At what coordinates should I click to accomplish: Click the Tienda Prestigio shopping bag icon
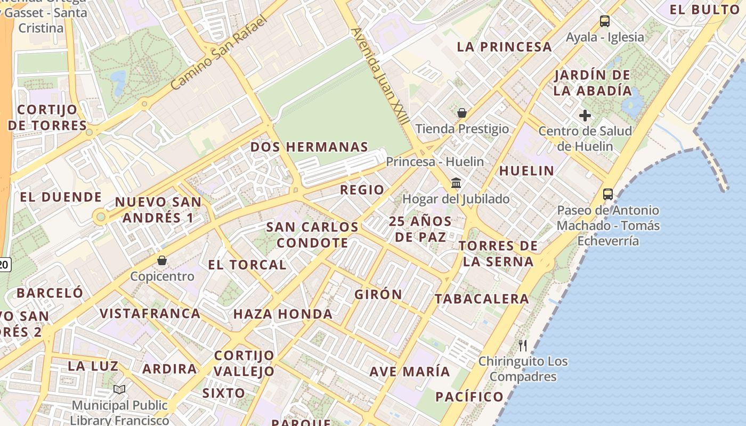point(462,113)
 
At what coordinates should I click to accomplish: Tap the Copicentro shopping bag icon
point(162,260)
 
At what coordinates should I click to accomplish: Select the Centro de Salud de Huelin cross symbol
point(585,115)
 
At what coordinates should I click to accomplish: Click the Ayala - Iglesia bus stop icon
point(604,21)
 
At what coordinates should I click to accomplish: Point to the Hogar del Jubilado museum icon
point(456,183)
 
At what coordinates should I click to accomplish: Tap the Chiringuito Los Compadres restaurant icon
point(523,346)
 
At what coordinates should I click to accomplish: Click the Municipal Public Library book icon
point(119,390)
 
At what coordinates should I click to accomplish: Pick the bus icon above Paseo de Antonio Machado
point(608,194)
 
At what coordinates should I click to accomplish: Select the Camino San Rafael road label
point(218,53)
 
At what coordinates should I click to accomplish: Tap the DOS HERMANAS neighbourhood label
point(309,147)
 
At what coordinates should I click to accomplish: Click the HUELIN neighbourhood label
point(526,171)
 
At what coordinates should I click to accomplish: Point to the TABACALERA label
point(482,299)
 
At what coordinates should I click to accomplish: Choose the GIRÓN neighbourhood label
point(378,294)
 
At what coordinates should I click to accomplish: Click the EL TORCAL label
point(247,265)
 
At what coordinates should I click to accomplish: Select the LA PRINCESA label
point(504,47)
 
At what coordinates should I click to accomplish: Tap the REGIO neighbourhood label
point(362,190)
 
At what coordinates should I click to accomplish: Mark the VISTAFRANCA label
point(150,313)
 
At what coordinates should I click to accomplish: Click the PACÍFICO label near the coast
point(469,397)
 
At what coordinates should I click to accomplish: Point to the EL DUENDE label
point(61,197)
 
